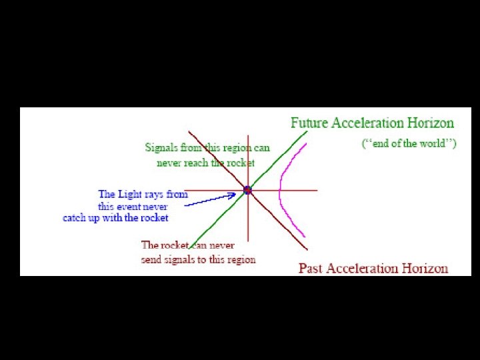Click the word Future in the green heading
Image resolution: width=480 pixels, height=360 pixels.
(x=309, y=123)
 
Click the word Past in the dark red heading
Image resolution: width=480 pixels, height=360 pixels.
(x=311, y=268)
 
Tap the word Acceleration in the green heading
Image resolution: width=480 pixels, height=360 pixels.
(x=367, y=123)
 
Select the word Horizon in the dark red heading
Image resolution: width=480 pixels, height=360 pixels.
(x=425, y=268)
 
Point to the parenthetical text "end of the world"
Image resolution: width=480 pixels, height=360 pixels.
(x=409, y=143)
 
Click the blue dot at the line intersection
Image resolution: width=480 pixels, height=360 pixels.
(x=247, y=190)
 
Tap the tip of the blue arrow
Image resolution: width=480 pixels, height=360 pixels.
(x=236, y=193)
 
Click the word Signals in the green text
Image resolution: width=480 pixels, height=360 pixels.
(x=161, y=147)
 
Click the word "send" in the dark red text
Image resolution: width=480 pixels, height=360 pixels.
(x=151, y=259)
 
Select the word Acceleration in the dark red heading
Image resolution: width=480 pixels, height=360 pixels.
(x=363, y=268)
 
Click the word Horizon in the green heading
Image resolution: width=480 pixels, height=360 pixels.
(x=431, y=123)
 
